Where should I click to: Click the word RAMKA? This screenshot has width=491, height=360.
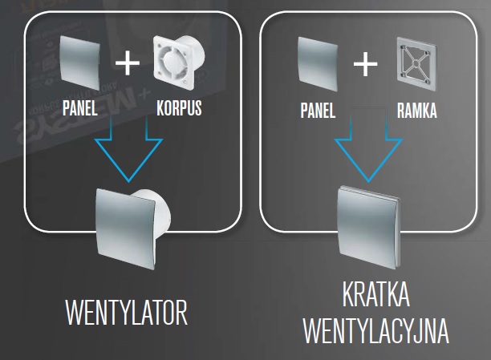click(x=416, y=111)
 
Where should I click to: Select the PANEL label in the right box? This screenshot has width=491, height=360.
click(x=318, y=111)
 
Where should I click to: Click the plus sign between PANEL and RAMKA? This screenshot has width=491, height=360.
click(x=366, y=65)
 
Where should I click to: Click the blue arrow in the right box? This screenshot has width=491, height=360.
click(x=365, y=152)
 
